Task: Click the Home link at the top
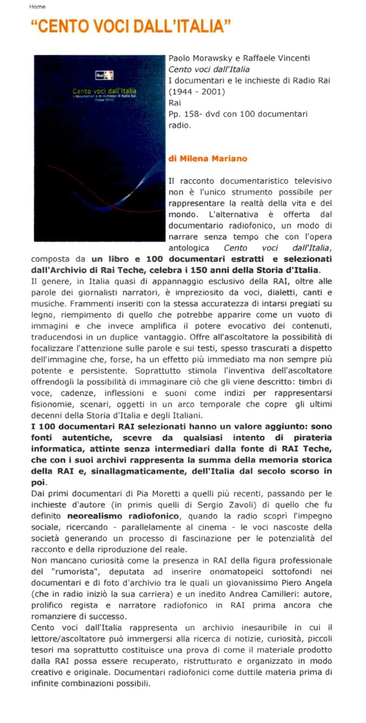coord(37,7)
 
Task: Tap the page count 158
coord(191,114)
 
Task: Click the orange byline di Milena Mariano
coord(208,158)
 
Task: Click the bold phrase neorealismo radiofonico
coord(123,516)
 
